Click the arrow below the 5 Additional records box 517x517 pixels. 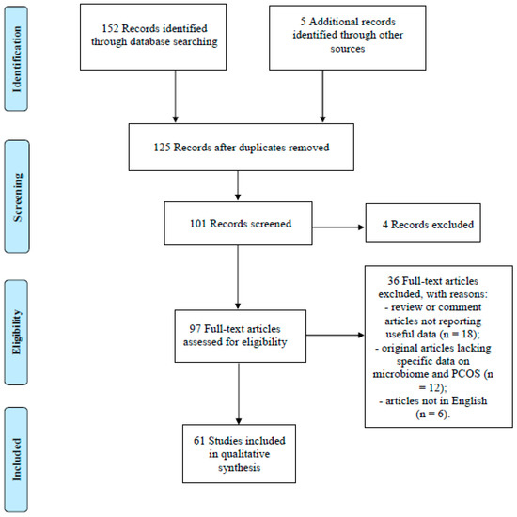324,98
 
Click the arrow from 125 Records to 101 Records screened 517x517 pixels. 239,187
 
